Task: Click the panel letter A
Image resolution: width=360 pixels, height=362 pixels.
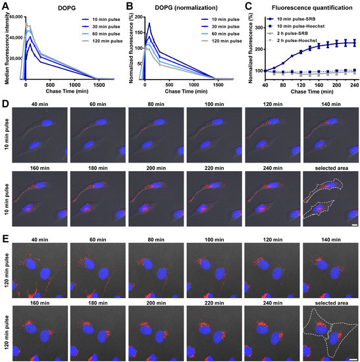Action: click(5, 5)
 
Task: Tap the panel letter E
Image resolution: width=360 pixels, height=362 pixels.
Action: click(5, 235)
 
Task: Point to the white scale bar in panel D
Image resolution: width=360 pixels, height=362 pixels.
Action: click(354, 224)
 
